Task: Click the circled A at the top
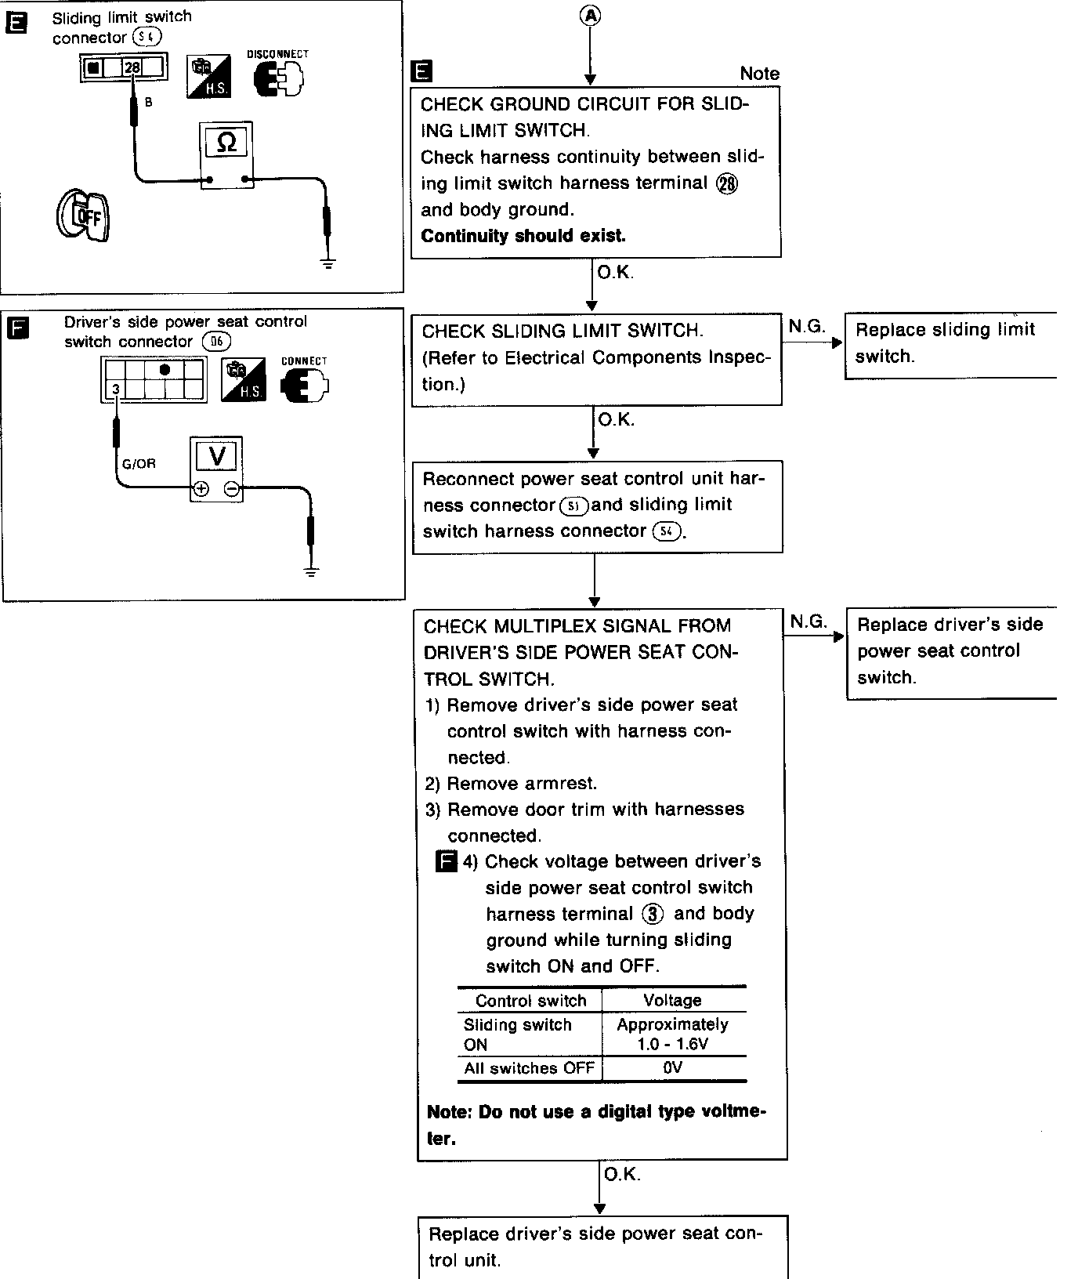pyautogui.click(x=590, y=15)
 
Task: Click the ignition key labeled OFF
pyautogui.click(x=82, y=216)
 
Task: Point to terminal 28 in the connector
pyautogui.click(x=132, y=68)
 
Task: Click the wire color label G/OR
pyautogui.click(x=139, y=464)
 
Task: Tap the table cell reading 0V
pyautogui.click(x=673, y=1068)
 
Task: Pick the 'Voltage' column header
pyautogui.click(x=672, y=1001)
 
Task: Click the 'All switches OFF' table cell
pyautogui.click(x=529, y=1068)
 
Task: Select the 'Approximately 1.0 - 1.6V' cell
pyautogui.click(x=673, y=1034)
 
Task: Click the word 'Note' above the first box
pyautogui.click(x=759, y=74)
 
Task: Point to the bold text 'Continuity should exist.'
pyautogui.click(x=523, y=236)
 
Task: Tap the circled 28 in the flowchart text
pyautogui.click(x=727, y=183)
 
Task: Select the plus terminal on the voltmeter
pyautogui.click(x=201, y=490)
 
